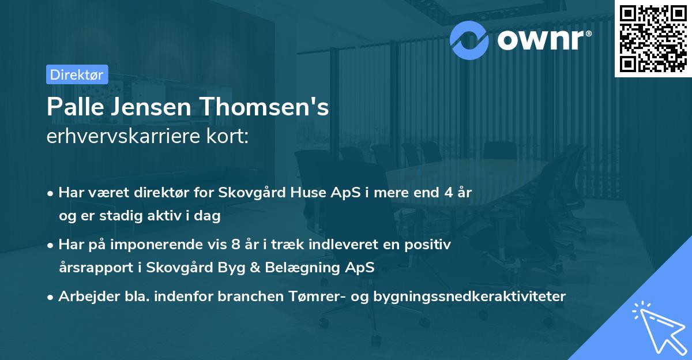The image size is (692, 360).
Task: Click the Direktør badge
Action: (x=76, y=74)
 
